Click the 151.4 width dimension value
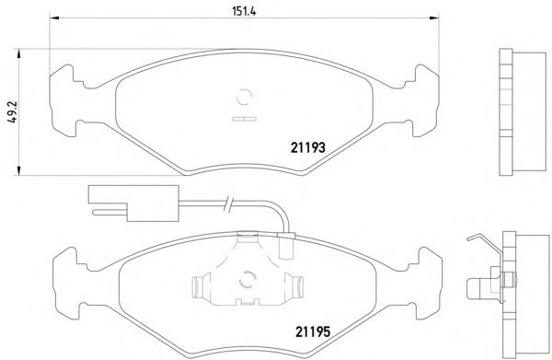(x=244, y=11)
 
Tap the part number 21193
(x=308, y=147)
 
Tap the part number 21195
(x=313, y=331)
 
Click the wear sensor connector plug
(x=133, y=203)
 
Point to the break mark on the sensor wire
(x=228, y=204)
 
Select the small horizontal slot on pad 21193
(x=245, y=119)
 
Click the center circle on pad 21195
(x=247, y=280)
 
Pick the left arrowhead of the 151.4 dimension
(x=53, y=17)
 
